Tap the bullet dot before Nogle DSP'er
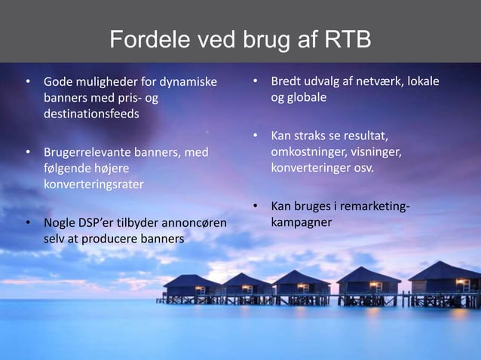click(x=28, y=224)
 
